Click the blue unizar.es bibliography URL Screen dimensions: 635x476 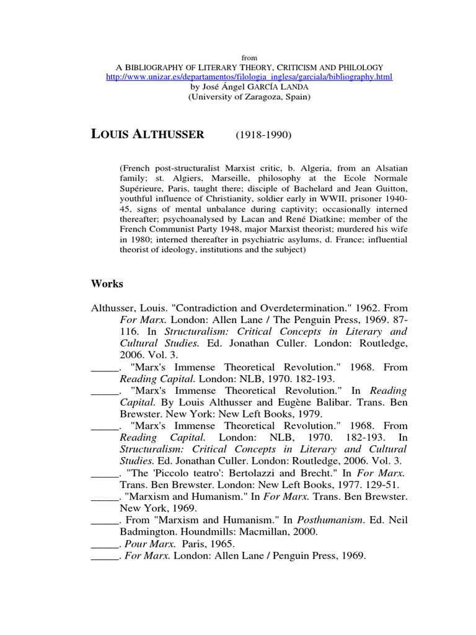tap(238, 77)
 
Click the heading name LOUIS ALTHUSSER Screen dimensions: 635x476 tap(148, 135)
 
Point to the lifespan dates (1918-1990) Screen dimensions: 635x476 tap(263, 135)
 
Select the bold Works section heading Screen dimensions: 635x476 tap(107, 284)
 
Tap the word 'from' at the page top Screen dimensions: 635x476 tap(238, 56)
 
